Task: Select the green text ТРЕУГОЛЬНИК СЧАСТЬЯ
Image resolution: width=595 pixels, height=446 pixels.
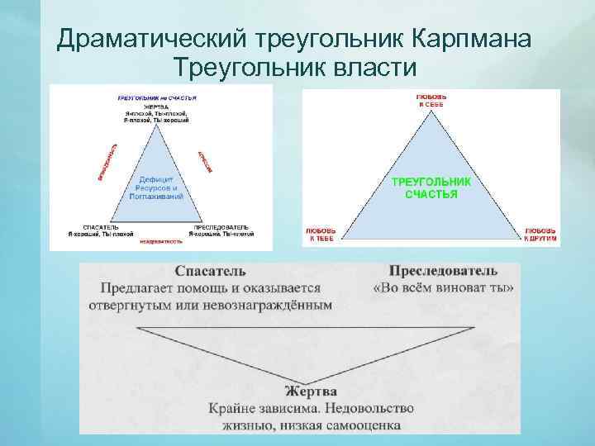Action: [x=431, y=187]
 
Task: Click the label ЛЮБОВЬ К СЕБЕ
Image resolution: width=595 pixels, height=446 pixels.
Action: [x=430, y=101]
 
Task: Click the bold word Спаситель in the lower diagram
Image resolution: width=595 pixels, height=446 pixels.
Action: [x=210, y=272]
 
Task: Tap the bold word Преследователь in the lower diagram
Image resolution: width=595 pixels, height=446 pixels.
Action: [x=443, y=272]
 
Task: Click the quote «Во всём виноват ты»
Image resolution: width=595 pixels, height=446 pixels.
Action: [x=444, y=288]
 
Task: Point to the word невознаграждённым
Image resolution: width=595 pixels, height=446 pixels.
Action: [x=268, y=305]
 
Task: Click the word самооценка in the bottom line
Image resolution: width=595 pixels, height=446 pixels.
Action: [x=360, y=425]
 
